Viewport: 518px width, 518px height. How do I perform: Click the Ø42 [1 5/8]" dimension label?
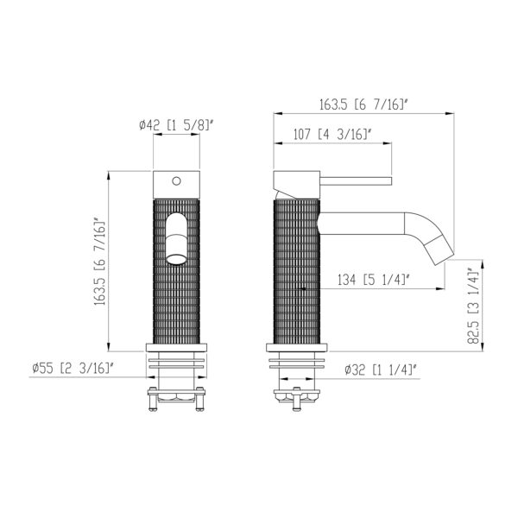tap(177, 125)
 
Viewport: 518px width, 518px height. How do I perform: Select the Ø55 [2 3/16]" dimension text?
tap(73, 368)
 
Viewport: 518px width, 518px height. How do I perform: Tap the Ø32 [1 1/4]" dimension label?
tap(380, 370)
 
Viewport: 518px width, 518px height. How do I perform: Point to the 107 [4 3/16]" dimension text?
tap(333, 135)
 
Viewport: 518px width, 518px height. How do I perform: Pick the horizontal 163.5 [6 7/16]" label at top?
tap(363, 104)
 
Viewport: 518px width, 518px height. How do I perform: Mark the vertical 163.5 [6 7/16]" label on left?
tap(99, 261)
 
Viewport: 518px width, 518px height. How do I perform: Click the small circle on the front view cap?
tap(176, 181)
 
